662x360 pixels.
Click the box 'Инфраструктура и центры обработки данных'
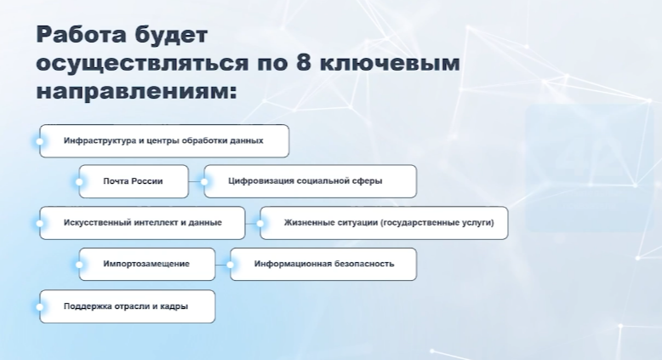pyautogui.click(x=164, y=140)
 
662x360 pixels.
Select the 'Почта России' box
pyautogui.click(x=133, y=181)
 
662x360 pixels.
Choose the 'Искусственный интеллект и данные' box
pyautogui.click(x=143, y=222)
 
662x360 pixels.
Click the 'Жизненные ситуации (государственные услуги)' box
pyautogui.click(x=385, y=222)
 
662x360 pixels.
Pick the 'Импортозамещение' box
pyautogui.click(x=146, y=264)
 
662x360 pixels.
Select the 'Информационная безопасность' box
pyautogui.click(x=324, y=264)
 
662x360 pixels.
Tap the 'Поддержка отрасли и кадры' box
pyautogui.click(x=127, y=306)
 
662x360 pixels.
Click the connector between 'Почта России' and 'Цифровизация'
pyautogui.click(x=196, y=181)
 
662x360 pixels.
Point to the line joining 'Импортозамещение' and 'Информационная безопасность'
pyautogui.click(x=221, y=264)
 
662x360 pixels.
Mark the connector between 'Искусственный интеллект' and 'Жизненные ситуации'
pyautogui.click(x=252, y=223)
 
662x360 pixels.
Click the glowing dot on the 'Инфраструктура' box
pyautogui.click(x=40, y=140)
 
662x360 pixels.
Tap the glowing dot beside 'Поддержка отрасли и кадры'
pyautogui.click(x=40, y=306)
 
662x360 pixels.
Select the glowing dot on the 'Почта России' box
pyautogui.click(x=79, y=181)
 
